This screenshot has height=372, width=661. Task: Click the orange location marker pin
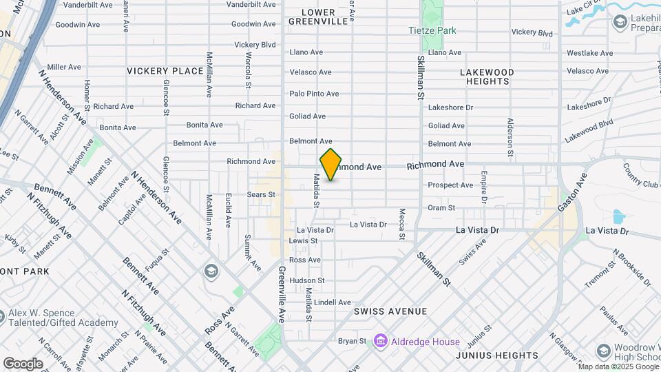[330, 165]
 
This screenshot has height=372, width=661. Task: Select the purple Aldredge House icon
[379, 341]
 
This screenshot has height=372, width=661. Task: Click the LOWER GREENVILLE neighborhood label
[312, 17]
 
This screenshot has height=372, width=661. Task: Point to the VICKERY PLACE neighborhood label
[165, 71]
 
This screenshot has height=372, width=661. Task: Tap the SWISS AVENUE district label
[390, 312]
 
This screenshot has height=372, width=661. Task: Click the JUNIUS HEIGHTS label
[496, 355]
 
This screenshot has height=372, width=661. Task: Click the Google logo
[22, 363]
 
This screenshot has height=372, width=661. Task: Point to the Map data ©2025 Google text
[617, 366]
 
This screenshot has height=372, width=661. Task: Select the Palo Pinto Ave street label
[314, 94]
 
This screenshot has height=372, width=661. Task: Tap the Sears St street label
[261, 195]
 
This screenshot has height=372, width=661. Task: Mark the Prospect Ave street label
[450, 185]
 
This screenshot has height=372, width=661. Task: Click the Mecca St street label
[401, 225]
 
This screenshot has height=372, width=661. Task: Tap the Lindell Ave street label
[333, 302]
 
